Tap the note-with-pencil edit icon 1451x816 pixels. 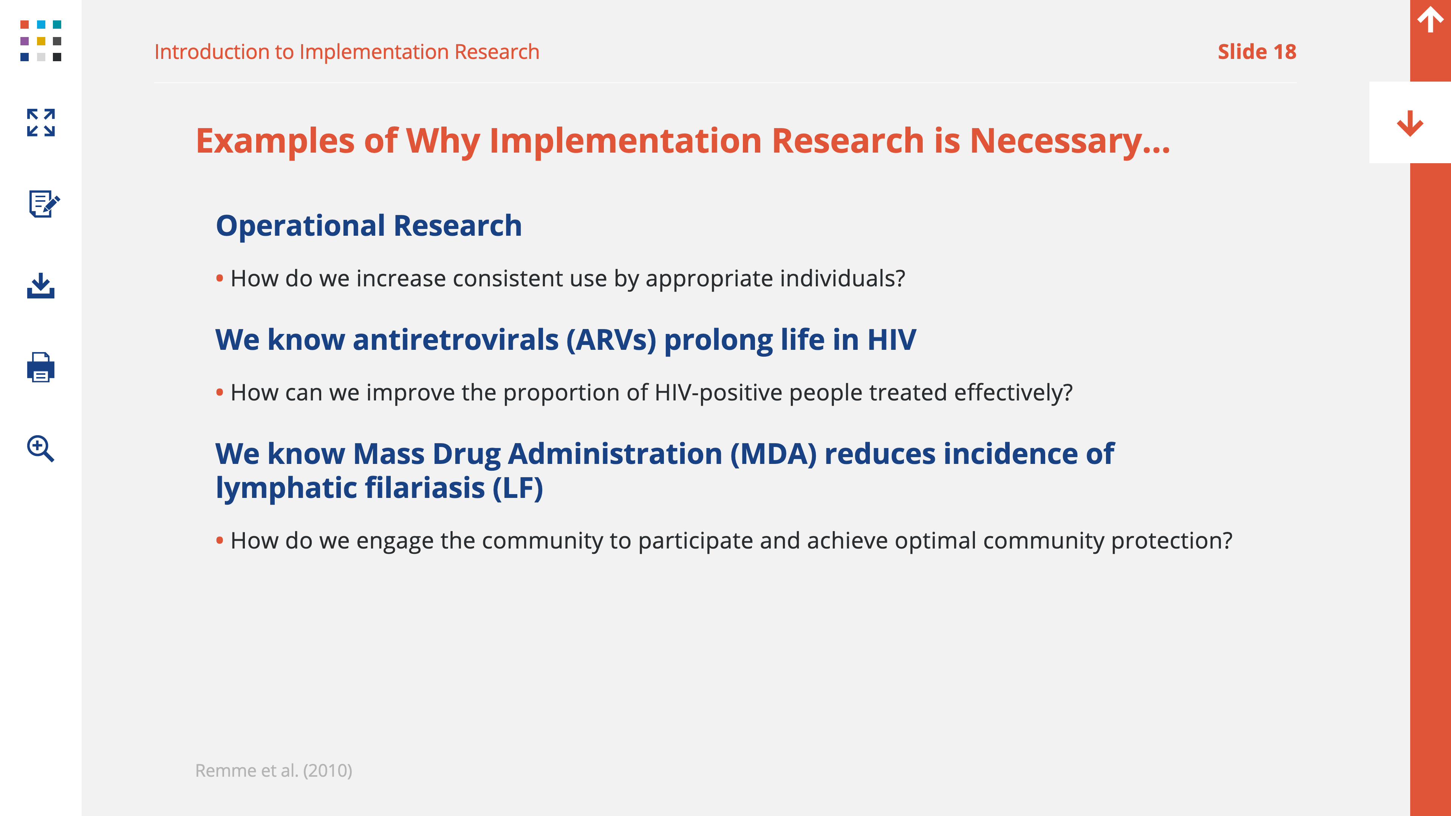44,203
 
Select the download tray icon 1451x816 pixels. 40,286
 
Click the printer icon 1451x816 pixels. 40,367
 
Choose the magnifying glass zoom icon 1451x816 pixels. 40,449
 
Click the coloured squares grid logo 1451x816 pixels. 40,40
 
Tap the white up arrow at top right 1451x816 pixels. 1431,19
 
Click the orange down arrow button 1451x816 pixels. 1410,123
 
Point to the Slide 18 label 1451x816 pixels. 1257,52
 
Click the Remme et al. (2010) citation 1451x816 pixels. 274,770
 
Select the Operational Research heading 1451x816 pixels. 369,226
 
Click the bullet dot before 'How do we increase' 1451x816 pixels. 220,278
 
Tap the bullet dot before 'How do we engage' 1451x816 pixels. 220,541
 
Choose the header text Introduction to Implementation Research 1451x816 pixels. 347,52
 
